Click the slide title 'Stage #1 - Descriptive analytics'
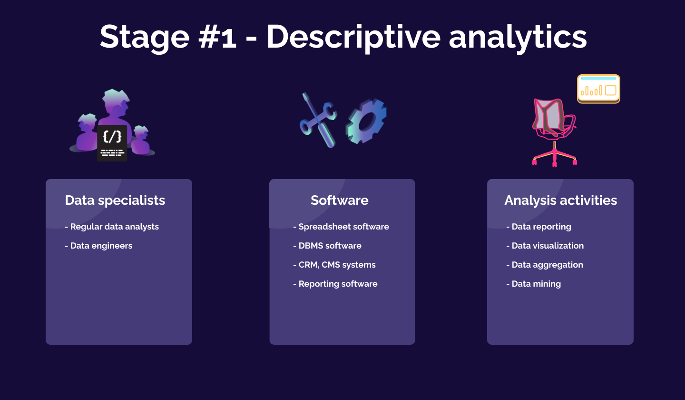342,37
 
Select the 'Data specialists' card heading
115,200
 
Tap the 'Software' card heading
339,200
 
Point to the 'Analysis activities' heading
560,200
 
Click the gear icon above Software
366,121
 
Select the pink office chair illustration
553,131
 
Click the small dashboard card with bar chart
598,89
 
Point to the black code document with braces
112,143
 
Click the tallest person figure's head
116,101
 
